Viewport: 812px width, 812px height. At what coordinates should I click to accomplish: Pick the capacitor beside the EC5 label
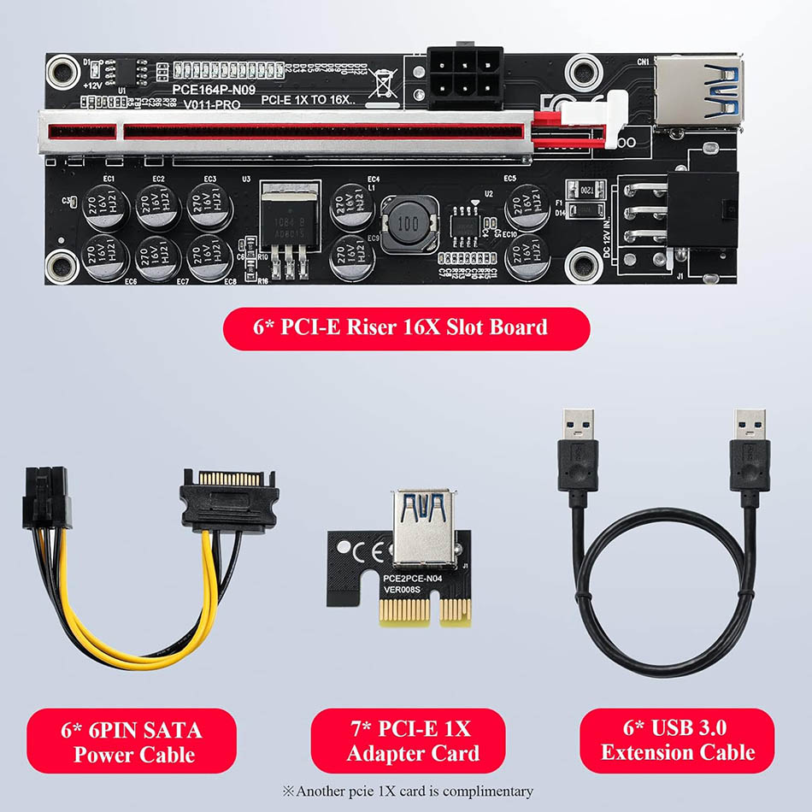527,206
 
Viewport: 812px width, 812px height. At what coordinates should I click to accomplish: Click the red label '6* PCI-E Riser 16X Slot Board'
407,328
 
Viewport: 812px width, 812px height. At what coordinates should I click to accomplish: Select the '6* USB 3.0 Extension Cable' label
677,741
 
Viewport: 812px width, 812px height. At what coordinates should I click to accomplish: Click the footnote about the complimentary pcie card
407,791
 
